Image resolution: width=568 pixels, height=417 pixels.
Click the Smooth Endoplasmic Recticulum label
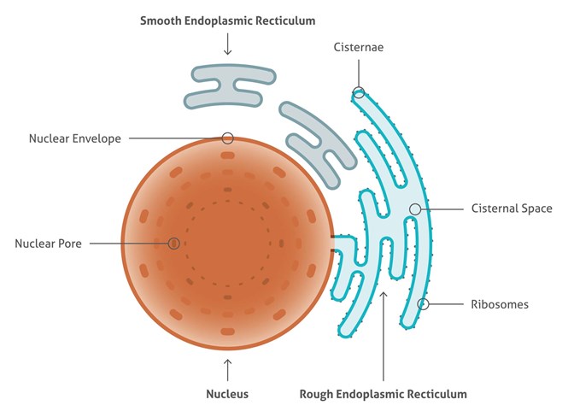(x=227, y=19)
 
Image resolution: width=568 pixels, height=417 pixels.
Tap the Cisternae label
(x=358, y=49)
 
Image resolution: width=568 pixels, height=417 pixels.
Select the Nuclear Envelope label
(x=75, y=138)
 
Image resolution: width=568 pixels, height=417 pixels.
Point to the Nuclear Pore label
(x=48, y=244)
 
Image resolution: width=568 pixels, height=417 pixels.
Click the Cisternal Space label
(x=512, y=208)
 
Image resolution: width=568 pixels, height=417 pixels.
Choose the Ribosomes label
(x=500, y=303)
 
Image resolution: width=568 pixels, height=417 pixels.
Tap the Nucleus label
(x=227, y=395)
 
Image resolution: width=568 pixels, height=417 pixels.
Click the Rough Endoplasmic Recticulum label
(x=384, y=395)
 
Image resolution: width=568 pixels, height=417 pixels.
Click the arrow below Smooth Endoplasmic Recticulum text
(x=227, y=45)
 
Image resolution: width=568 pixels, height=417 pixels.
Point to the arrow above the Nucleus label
(x=227, y=369)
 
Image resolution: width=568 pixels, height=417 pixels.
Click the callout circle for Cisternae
(x=359, y=92)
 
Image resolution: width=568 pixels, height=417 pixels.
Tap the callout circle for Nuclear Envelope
(x=227, y=138)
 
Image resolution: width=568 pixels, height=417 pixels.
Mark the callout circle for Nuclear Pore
(x=173, y=244)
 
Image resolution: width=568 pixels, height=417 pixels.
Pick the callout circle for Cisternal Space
(x=415, y=208)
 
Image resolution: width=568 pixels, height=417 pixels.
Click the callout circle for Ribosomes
(x=423, y=303)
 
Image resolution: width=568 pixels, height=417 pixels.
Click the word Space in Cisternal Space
(x=536, y=208)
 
